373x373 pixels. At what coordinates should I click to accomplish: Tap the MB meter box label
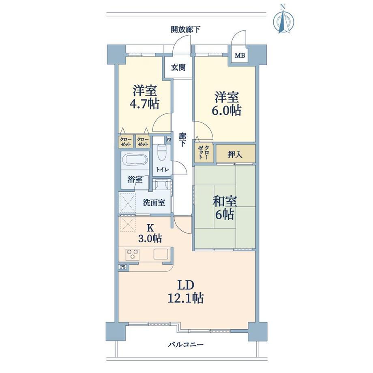[240, 56]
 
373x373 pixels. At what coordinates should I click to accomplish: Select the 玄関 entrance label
[178, 68]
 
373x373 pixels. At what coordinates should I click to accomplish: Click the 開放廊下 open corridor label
[185, 30]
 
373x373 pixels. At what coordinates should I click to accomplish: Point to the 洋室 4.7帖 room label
[144, 96]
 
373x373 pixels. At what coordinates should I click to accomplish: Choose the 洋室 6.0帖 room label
[227, 103]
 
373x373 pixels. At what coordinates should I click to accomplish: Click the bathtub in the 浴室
[135, 160]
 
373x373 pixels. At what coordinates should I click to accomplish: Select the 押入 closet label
[235, 154]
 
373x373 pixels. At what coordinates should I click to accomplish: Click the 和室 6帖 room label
[225, 208]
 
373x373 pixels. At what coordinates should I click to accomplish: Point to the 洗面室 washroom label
[154, 203]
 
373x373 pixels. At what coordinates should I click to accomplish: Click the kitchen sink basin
[161, 254]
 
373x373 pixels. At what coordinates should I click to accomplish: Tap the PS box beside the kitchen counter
[123, 267]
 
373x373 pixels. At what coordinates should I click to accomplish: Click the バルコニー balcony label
[186, 345]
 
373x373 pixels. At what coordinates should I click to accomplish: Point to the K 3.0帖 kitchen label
[150, 233]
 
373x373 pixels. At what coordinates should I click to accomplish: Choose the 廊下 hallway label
[182, 140]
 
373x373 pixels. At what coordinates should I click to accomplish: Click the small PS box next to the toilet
[169, 139]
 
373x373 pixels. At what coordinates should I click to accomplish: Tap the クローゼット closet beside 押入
[204, 153]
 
